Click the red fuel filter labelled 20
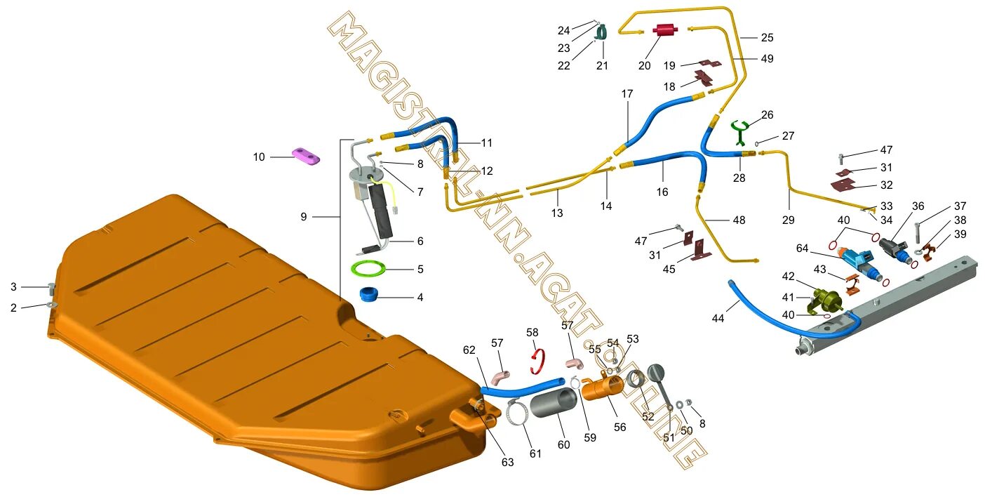[x=664, y=30]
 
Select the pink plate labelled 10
[x=306, y=157]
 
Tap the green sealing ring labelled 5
[x=369, y=268]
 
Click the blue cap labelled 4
[x=368, y=294]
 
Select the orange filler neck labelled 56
[x=603, y=386]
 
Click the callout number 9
[x=304, y=217]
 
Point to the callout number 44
[x=718, y=319]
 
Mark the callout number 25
[x=767, y=37]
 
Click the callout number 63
[x=507, y=462]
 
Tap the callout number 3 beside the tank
[x=13, y=286]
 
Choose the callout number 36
[x=918, y=206]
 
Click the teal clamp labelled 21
[x=601, y=32]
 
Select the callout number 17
[x=626, y=93]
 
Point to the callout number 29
[x=788, y=220]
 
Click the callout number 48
[x=739, y=220]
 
